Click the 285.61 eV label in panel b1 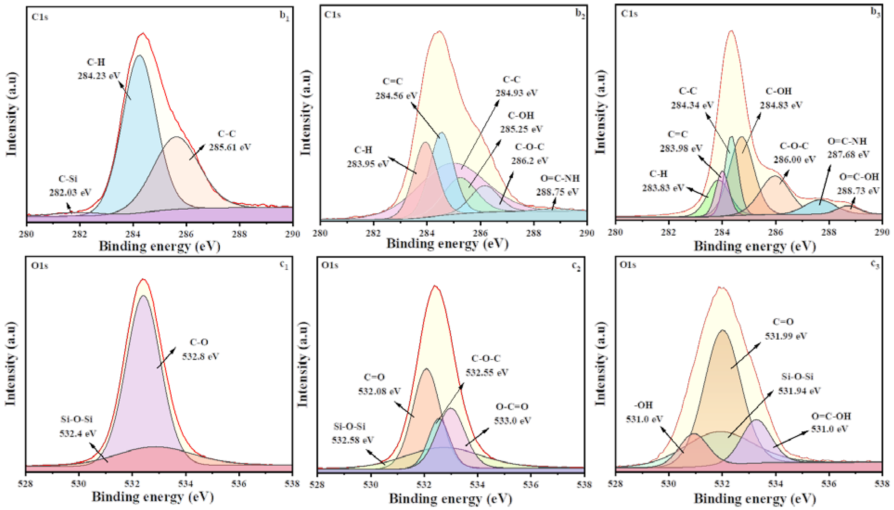230,147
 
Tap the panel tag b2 580,15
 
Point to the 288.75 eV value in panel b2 557,192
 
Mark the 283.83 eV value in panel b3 663,188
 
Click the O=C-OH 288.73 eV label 859,184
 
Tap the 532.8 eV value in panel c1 200,357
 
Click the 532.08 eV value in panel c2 379,391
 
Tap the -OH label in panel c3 643,405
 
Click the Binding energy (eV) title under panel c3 755,498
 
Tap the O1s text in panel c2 329,266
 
